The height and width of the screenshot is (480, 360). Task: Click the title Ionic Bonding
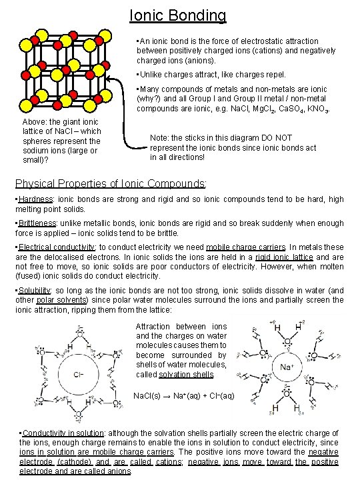(177, 15)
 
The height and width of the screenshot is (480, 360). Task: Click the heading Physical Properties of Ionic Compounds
(109, 183)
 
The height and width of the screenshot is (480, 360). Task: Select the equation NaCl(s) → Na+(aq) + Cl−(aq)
(184, 395)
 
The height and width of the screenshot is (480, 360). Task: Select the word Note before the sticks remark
(160, 137)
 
